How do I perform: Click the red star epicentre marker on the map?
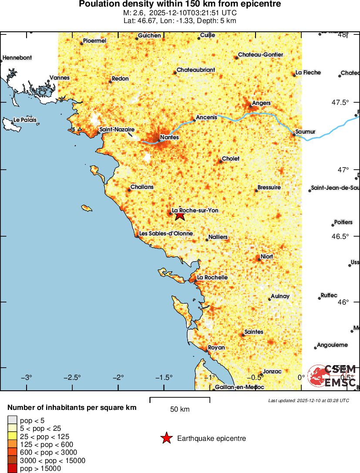pyautogui.click(x=180, y=215)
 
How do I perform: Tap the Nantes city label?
pyautogui.click(x=170, y=138)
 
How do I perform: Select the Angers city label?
pyautogui.click(x=261, y=103)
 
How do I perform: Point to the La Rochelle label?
pyautogui.click(x=212, y=277)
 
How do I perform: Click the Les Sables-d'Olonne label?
pyautogui.click(x=166, y=234)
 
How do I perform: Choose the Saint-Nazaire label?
pyautogui.click(x=117, y=130)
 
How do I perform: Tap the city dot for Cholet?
pyautogui.click(x=220, y=161)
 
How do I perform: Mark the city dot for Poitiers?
pyautogui.click(x=333, y=225)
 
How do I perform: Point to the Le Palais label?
pyautogui.click(x=25, y=120)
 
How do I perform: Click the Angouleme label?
pyautogui.click(x=332, y=345)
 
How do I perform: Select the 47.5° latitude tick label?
pyautogui.click(x=340, y=103)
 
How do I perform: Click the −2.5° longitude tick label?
pyautogui.click(x=72, y=377)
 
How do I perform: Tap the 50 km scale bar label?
pyautogui.click(x=179, y=409)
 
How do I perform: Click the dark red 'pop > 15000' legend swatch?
pyautogui.click(x=12, y=469)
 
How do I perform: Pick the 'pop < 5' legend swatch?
pyautogui.click(x=12, y=420)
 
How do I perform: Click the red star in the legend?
pyautogui.click(x=166, y=438)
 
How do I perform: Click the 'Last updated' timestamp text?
pyautogui.click(x=308, y=400)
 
